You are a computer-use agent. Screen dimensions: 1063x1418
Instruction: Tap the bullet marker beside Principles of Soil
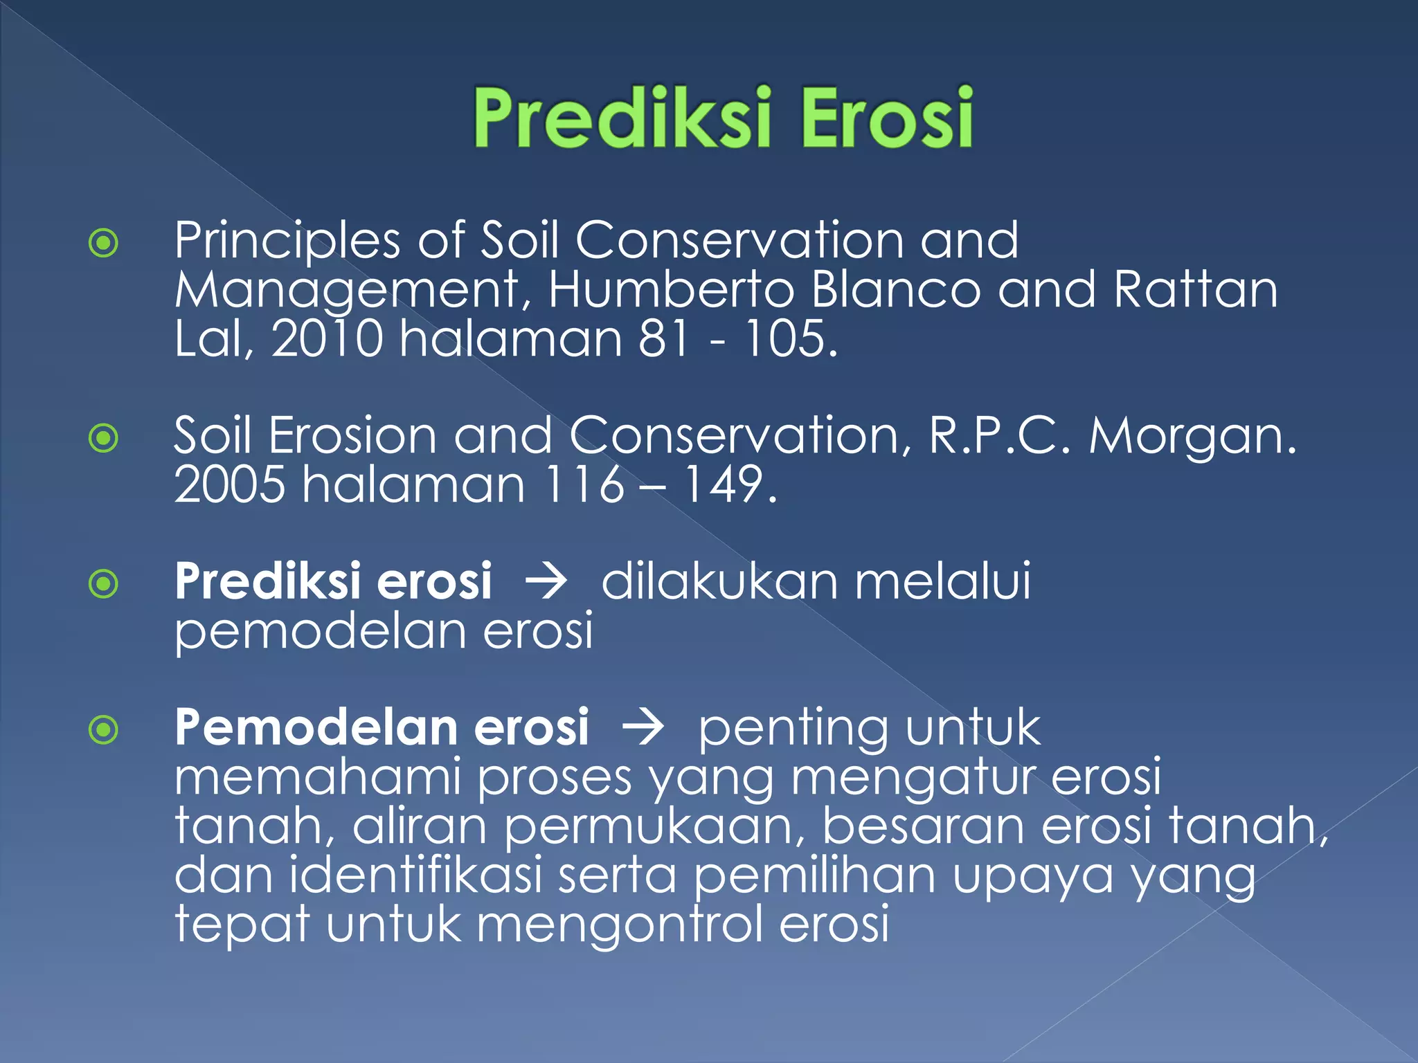coord(104,243)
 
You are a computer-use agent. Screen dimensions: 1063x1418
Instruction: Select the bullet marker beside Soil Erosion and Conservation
coord(104,438)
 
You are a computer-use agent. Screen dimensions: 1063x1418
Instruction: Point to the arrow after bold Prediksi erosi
coord(546,581)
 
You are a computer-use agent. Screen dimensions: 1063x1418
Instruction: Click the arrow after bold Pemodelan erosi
coord(643,728)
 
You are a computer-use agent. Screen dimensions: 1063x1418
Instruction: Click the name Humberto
coord(670,289)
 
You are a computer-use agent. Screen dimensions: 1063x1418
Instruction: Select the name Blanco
coord(895,289)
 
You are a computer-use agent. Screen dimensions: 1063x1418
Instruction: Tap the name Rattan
coord(1195,289)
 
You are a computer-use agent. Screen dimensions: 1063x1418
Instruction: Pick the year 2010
coord(326,338)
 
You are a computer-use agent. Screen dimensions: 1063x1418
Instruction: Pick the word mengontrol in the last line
coord(620,925)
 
